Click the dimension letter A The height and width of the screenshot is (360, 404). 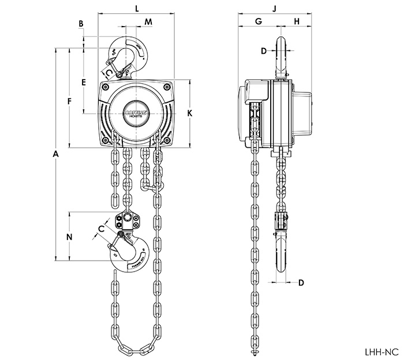tap(56, 154)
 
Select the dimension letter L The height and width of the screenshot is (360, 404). tap(136, 9)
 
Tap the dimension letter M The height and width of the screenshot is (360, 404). tap(148, 22)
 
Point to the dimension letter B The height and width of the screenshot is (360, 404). tap(81, 24)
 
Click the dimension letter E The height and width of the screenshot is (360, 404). tap(84, 83)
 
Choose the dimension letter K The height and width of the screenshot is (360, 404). tap(189, 114)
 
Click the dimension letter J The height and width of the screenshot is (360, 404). tap(275, 9)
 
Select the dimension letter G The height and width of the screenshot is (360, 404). tap(258, 21)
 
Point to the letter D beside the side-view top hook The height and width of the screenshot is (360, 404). tap(264, 51)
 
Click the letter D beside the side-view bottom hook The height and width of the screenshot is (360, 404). tap(301, 283)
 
